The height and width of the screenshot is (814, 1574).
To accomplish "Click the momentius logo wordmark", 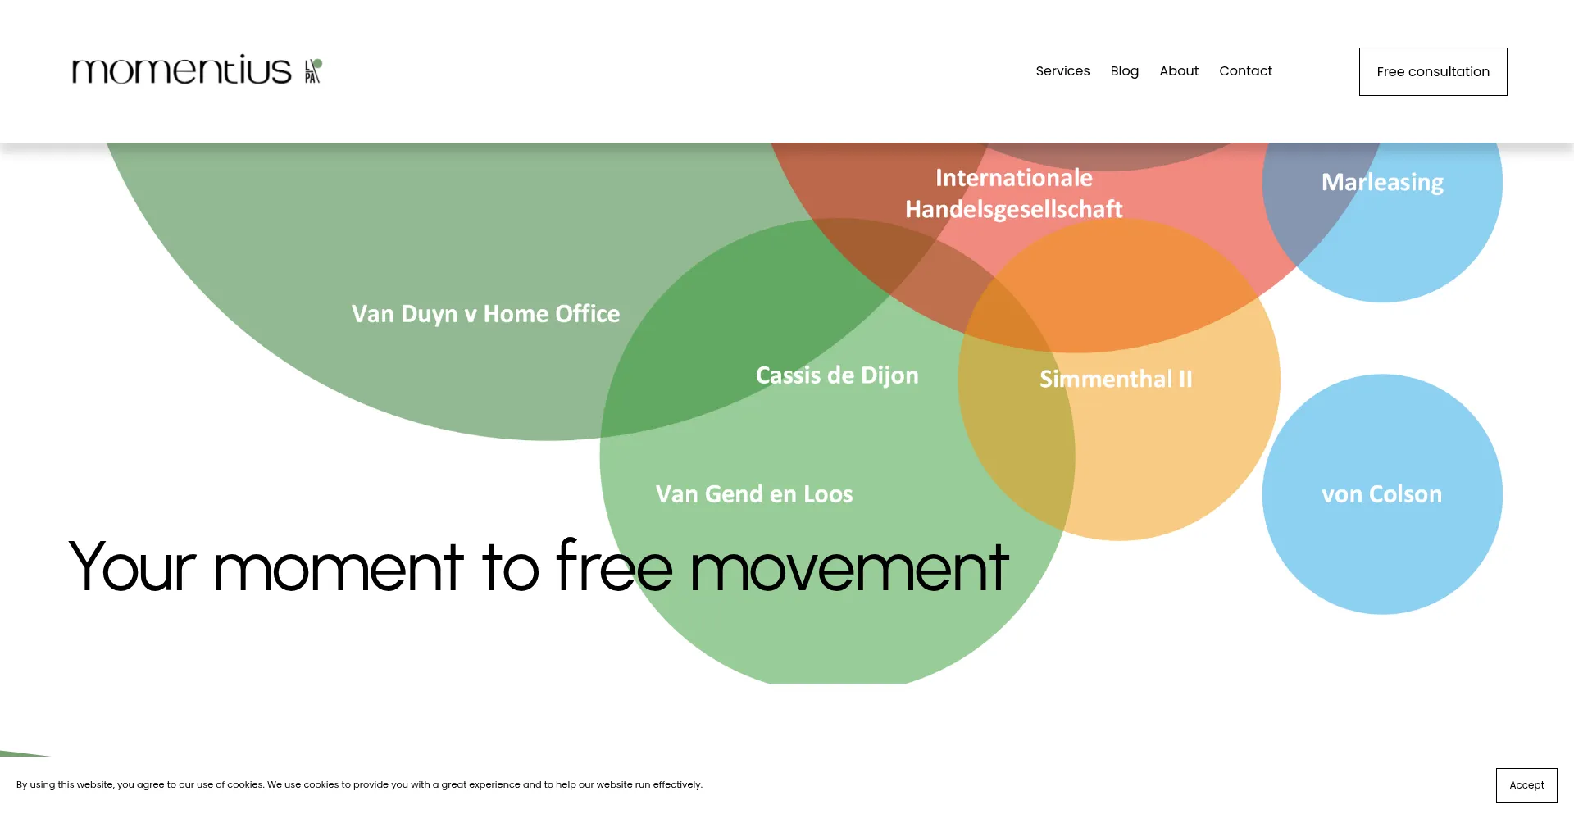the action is pos(181,70).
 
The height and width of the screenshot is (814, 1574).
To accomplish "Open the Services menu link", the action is pos(1062,71).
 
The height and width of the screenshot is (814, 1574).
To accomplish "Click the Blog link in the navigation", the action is pos(1124,71).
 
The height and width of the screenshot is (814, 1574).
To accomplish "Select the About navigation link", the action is pos(1179,71).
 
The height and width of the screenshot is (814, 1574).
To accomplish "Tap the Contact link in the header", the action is pos(1245,71).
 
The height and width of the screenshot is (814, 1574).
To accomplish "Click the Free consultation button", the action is pos(1433,71).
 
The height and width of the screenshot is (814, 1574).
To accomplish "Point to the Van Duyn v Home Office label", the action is pos(485,314).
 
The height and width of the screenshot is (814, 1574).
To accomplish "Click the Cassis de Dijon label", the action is pos(837,375).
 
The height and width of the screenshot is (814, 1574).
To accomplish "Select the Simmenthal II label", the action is pos(1116,379).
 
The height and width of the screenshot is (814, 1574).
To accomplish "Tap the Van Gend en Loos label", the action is pos(754,494).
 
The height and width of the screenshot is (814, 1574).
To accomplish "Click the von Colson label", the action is pos(1381,494).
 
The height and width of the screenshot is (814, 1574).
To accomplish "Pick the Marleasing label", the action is pos(1382,183).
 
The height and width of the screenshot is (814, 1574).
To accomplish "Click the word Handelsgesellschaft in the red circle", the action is pos(1013,210).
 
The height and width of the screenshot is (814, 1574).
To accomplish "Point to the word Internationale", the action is pos(1013,178).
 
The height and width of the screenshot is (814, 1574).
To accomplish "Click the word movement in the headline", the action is pos(849,567).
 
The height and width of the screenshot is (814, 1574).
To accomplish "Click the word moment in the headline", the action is pos(339,567).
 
